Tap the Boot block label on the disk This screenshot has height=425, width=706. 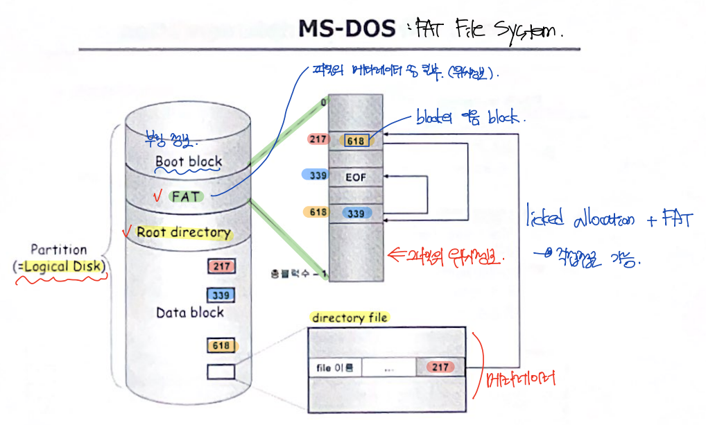189,162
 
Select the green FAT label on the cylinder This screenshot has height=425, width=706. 187,196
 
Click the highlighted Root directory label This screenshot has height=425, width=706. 183,232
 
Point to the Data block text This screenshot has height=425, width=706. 189,313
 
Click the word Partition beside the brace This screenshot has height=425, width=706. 59,250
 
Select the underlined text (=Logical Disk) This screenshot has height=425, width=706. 60,266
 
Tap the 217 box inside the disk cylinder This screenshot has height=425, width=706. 222,266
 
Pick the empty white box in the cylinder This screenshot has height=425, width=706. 221,372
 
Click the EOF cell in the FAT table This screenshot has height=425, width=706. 355,177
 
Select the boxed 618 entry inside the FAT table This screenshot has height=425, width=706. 355,141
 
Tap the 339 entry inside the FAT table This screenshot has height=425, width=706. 356,214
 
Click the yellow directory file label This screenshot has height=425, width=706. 350,318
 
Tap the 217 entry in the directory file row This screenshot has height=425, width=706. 440,367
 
